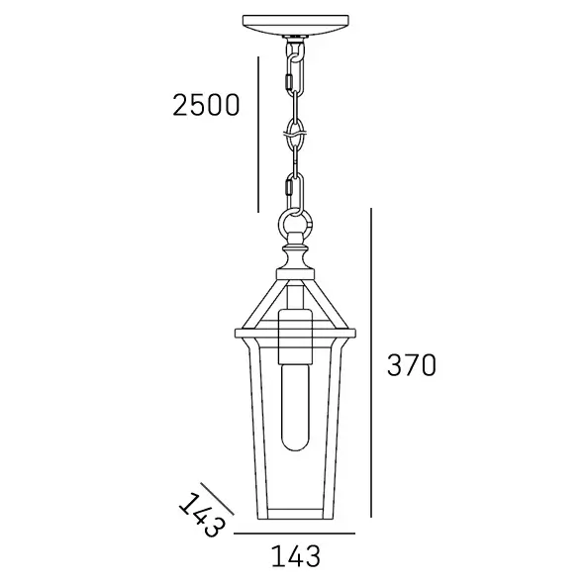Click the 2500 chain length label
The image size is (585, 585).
tap(205, 104)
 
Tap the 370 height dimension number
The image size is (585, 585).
tap(411, 365)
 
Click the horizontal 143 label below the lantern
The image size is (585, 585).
tap(294, 557)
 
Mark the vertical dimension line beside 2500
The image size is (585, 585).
tap(257, 134)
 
